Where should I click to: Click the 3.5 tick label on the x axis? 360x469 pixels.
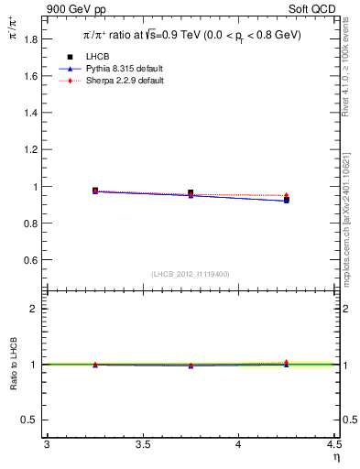142,444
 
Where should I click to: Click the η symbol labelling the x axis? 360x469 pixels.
335,455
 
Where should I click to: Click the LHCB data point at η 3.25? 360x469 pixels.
95,191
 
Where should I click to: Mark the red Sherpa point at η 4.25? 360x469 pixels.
286,195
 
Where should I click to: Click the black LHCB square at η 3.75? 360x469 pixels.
191,192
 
